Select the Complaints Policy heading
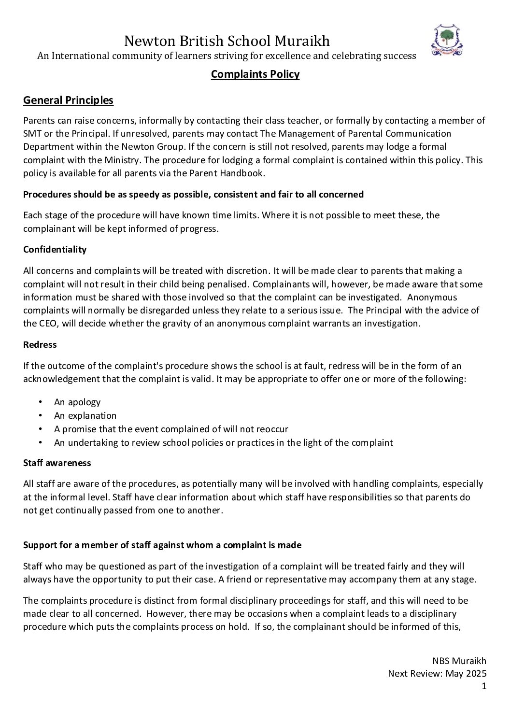255,74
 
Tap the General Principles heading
68,100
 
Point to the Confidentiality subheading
55,250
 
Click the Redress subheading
40,345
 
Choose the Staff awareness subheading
57,463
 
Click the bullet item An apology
77,402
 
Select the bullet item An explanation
85,415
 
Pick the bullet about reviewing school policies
223,442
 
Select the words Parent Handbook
238,173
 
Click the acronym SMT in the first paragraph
32,133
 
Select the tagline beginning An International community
227,56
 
